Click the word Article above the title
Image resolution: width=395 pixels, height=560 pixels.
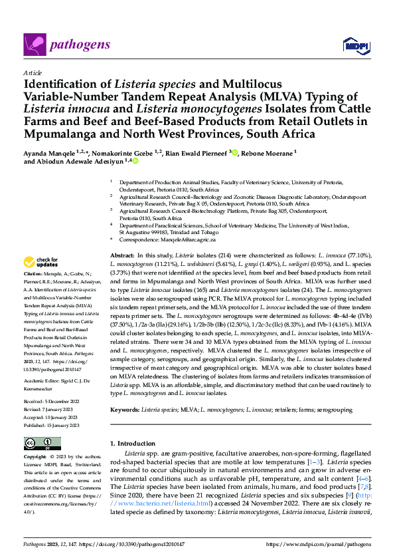coord(32,72)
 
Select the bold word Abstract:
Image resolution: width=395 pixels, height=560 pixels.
coord(122,255)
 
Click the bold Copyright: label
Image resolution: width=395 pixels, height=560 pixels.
coord(37,458)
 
